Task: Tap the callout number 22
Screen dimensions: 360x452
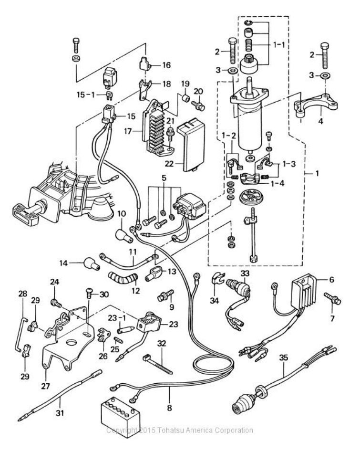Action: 169,163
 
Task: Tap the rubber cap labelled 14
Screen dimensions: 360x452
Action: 92,264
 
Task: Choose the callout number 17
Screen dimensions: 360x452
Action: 128,131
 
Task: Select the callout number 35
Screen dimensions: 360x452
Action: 284,358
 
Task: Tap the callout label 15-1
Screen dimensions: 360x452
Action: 85,95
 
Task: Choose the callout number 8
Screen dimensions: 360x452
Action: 169,408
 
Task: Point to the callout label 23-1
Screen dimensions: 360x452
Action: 117,318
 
